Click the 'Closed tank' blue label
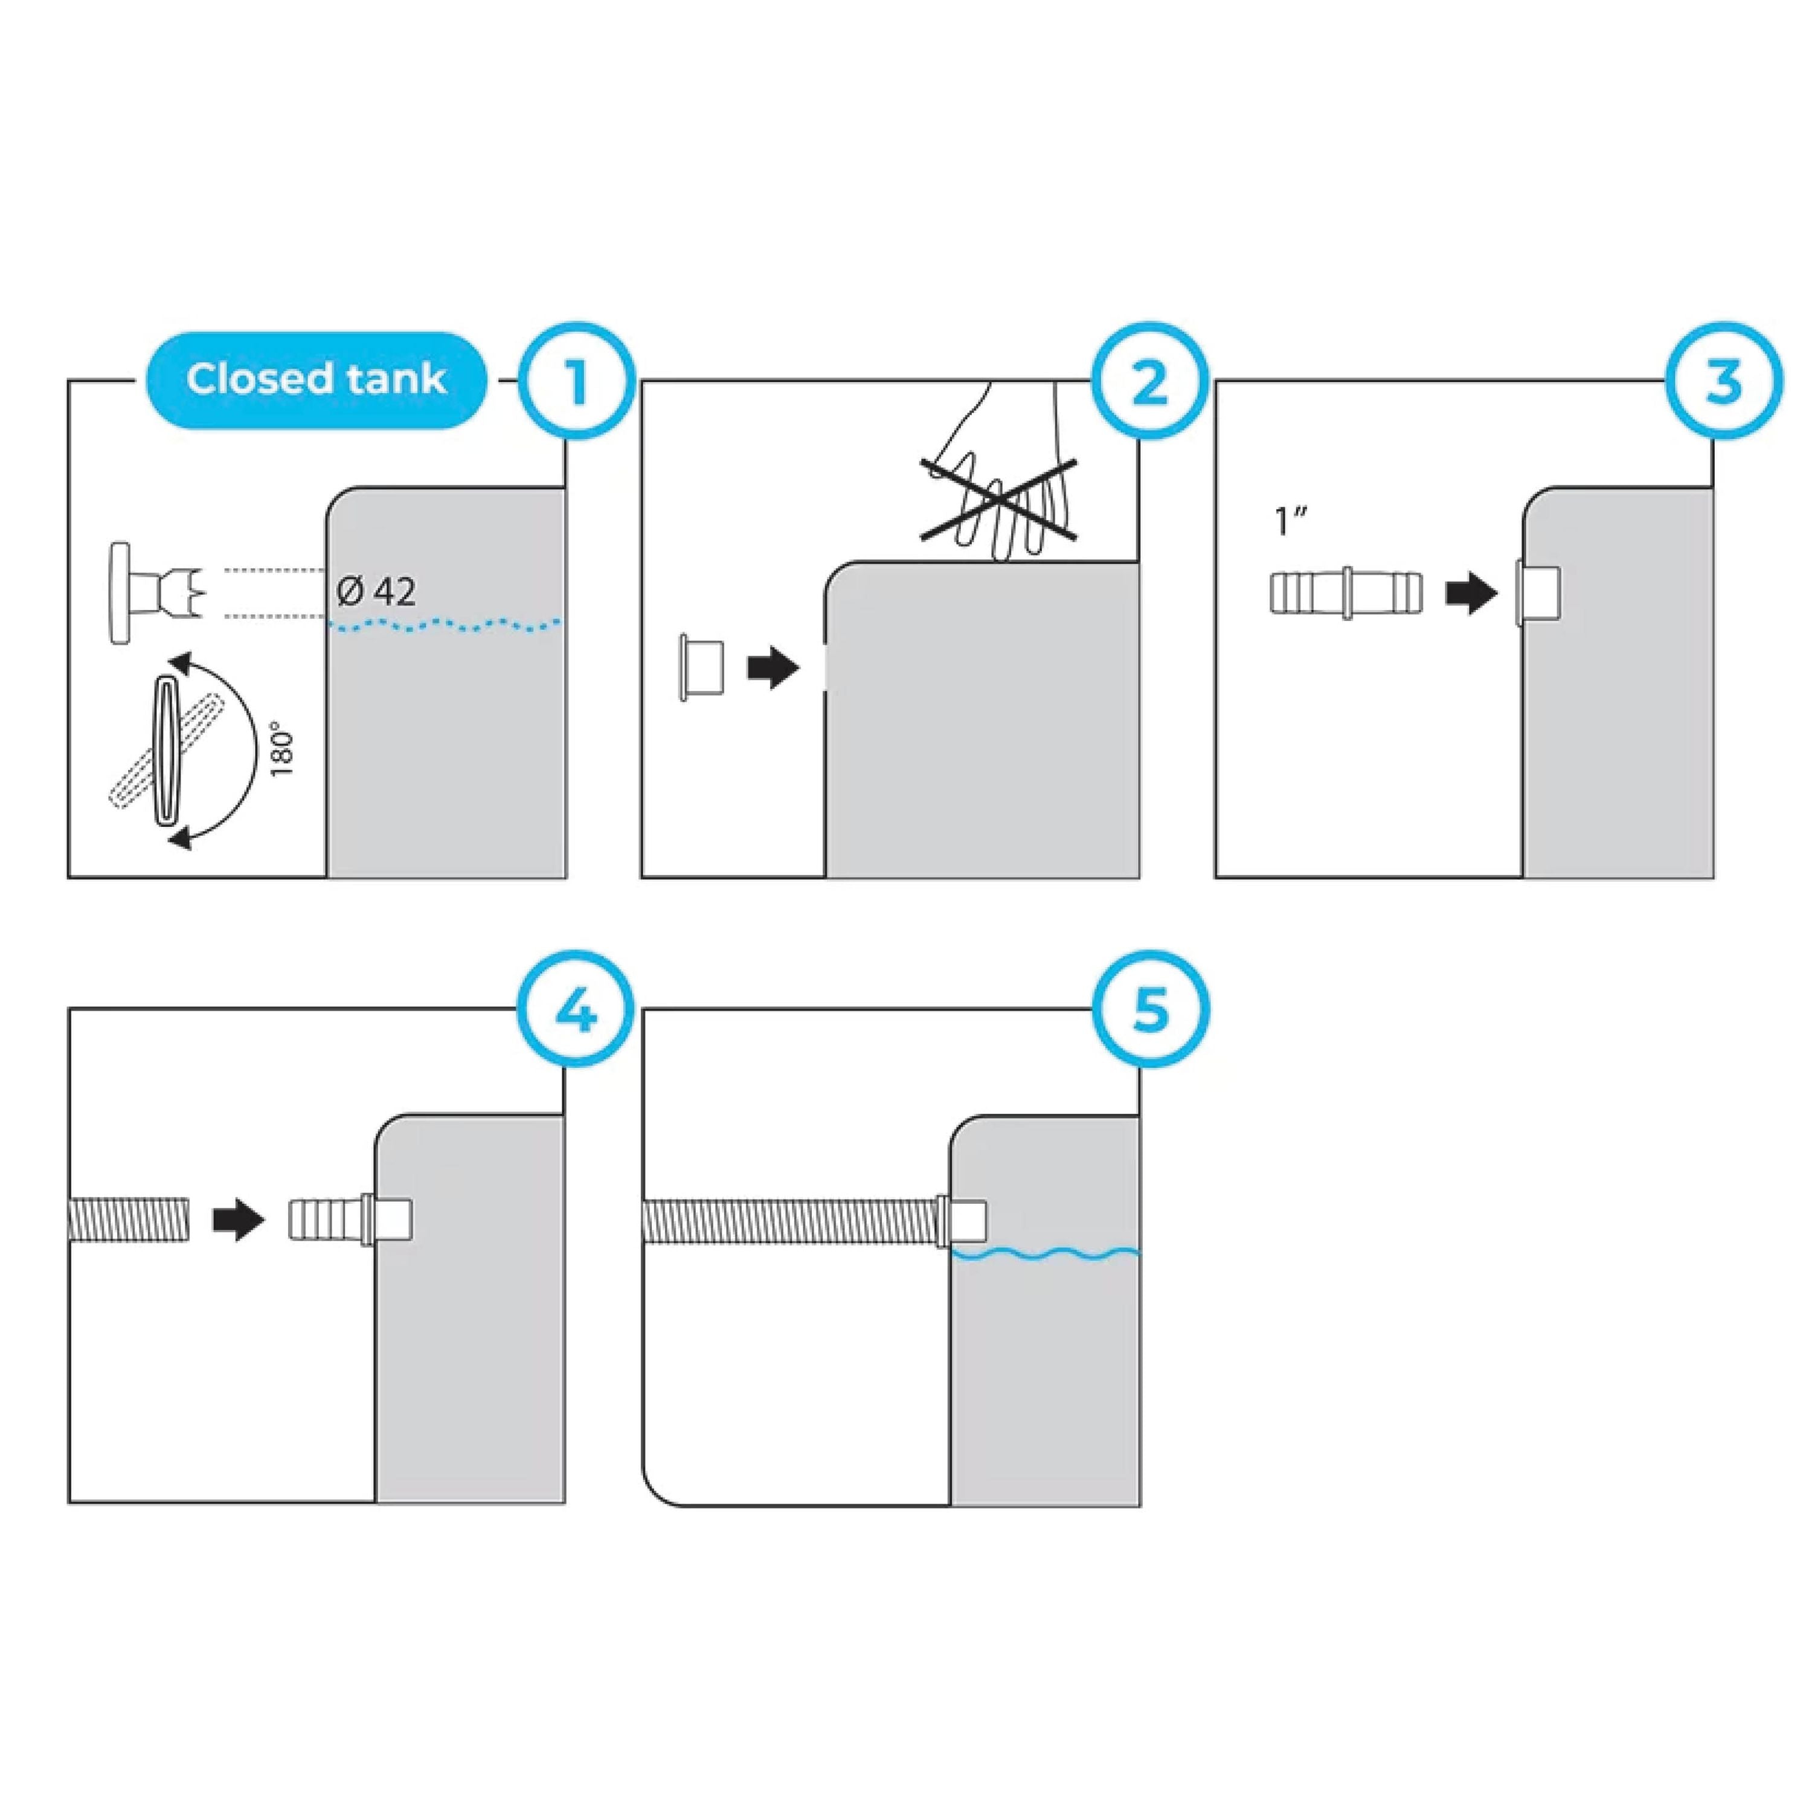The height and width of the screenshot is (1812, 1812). click(x=316, y=380)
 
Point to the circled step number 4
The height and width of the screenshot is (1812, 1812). click(x=576, y=1011)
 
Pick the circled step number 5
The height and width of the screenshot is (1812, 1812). click(x=1150, y=1011)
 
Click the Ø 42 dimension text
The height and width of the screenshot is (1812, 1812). click(x=376, y=592)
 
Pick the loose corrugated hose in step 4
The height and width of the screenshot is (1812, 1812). click(x=129, y=1222)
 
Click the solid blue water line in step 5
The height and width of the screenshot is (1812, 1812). click(x=1046, y=1254)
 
